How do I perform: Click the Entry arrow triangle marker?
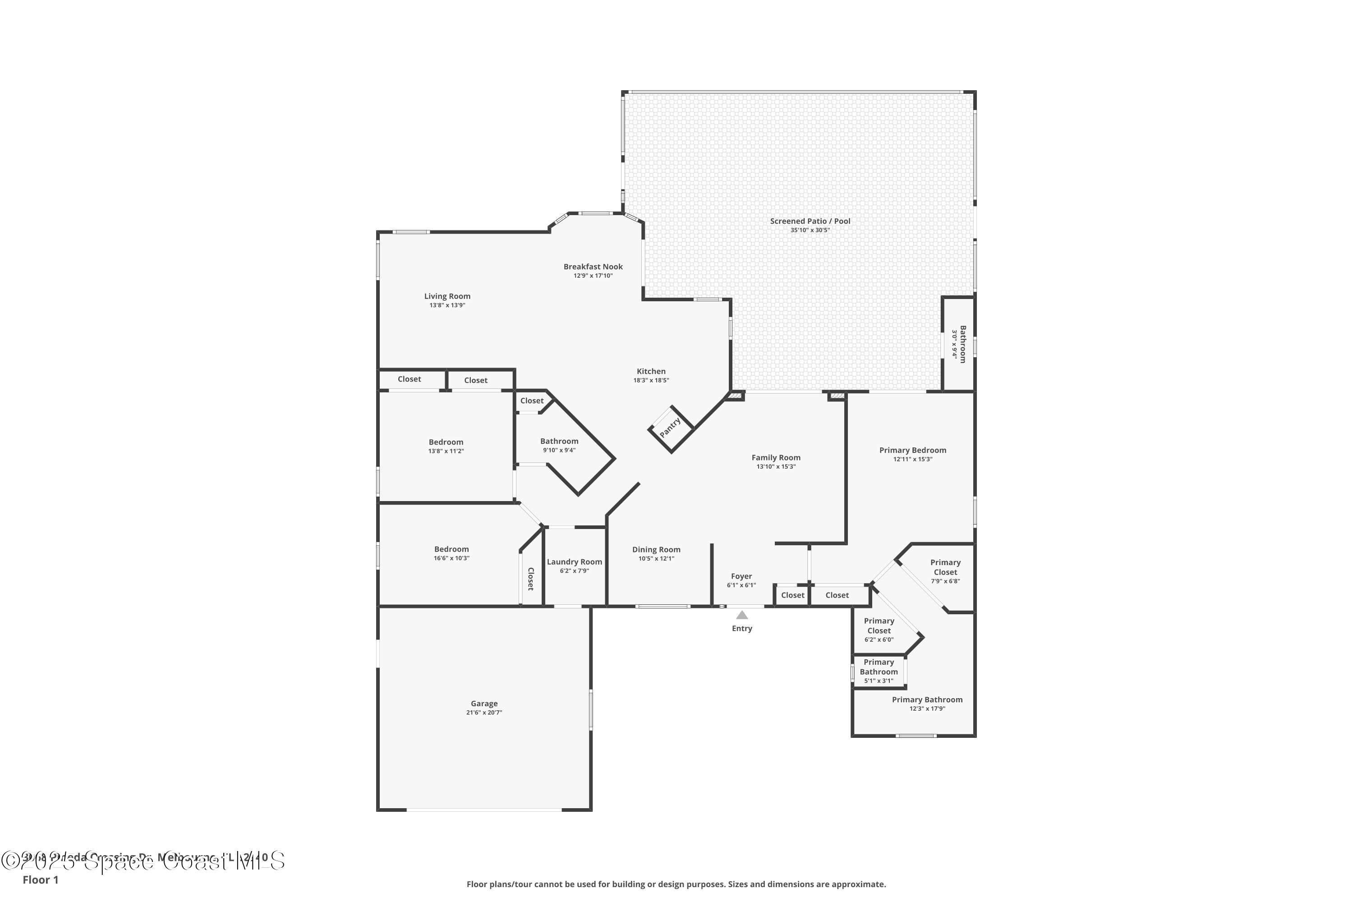(742, 615)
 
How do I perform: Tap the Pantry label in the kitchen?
(670, 428)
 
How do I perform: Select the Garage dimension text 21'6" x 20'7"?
(484, 713)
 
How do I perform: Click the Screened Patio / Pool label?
(810, 221)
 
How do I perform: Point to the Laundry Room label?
(574, 562)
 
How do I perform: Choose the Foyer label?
(741, 576)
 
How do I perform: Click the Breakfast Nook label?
(593, 267)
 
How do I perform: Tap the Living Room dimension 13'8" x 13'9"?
(447, 305)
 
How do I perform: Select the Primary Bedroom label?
(912, 450)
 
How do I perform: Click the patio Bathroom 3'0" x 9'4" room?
(958, 344)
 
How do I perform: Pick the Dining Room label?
(656, 549)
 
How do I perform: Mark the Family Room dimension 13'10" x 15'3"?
(776, 466)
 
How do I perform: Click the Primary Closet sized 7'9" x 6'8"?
(945, 571)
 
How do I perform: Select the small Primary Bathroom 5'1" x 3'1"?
(879, 671)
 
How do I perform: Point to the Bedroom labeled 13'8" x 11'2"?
(446, 446)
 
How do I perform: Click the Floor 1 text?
(40, 879)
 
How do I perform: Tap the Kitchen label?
(651, 371)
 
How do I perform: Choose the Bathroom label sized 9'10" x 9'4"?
(559, 441)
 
